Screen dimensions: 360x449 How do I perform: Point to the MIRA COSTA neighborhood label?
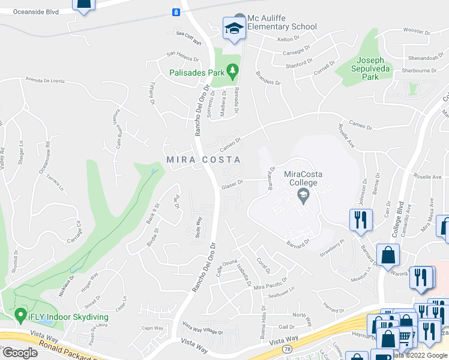pos(203,160)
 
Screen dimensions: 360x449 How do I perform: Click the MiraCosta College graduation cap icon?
pos(303,194)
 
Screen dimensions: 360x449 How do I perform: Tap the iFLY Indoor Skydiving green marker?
pos(19,316)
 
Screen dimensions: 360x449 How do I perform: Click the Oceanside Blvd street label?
pos(36,11)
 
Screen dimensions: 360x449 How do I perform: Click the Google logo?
pos(20,352)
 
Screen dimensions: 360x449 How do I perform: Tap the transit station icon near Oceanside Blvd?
pos(176,12)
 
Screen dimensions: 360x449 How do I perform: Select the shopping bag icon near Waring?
pos(388,254)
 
